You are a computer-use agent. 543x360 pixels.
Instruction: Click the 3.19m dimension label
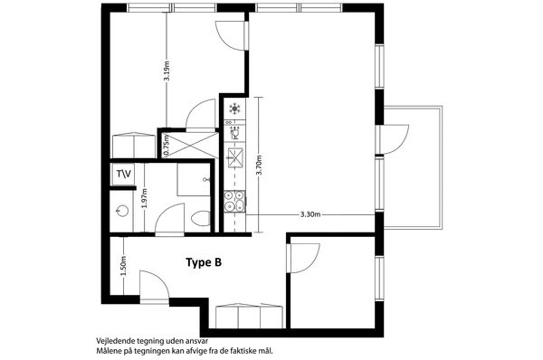pyautogui.click(x=167, y=71)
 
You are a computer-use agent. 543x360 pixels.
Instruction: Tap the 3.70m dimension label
pyautogui.click(x=259, y=166)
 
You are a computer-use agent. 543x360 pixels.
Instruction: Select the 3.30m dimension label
pyautogui.click(x=310, y=214)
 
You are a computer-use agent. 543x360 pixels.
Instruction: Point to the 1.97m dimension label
pyautogui.click(x=145, y=198)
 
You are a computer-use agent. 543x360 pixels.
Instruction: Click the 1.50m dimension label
pyautogui.click(x=123, y=265)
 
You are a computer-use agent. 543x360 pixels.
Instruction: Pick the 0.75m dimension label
pyautogui.click(x=167, y=145)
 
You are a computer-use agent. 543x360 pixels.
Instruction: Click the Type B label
pyautogui.click(x=204, y=262)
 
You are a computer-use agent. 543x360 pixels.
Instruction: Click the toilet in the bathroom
pyautogui.click(x=201, y=219)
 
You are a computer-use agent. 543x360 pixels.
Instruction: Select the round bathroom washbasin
pyautogui.click(x=122, y=211)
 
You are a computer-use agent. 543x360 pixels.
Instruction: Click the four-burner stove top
pyautogui.click(x=234, y=201)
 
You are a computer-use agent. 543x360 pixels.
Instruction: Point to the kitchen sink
pyautogui.click(x=234, y=157)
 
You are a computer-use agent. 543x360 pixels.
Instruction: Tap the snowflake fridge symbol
pyautogui.click(x=234, y=109)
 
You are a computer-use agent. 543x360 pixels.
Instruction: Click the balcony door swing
pyautogui.click(x=395, y=139)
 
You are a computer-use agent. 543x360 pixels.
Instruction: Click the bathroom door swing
pyautogui.click(x=170, y=220)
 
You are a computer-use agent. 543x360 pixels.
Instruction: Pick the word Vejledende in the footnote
pyautogui.click(x=111, y=341)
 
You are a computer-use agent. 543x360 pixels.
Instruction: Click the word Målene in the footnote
pyautogui.click(x=107, y=351)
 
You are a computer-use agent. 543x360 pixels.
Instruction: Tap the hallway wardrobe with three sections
pyautogui.click(x=250, y=316)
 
